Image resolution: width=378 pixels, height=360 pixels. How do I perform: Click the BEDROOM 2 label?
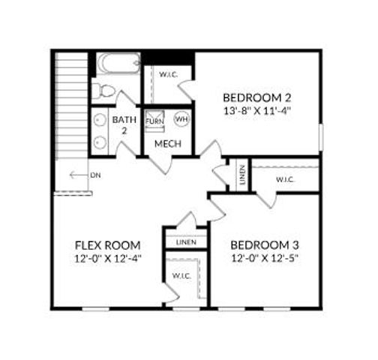[257, 98]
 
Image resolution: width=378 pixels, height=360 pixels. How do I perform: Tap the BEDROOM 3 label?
[265, 245]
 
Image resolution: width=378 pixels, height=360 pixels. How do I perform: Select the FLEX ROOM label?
[109, 245]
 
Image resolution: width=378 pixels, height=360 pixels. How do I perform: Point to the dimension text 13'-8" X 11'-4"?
[257, 112]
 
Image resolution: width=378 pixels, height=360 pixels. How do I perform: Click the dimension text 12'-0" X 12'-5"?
[265, 259]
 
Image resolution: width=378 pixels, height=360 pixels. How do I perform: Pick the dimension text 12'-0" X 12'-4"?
[109, 259]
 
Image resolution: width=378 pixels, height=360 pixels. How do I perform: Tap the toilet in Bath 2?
[103, 91]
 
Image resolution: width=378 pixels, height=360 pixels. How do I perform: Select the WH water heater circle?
[181, 119]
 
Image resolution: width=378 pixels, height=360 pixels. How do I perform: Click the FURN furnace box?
[155, 120]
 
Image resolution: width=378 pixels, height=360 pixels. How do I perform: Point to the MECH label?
[166, 142]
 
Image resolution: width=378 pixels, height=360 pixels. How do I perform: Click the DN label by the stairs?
[95, 175]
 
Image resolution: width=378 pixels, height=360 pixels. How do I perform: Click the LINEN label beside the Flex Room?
[186, 243]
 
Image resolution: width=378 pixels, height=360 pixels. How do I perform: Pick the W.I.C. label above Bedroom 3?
[284, 179]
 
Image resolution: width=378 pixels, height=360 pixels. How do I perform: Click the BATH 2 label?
[122, 124]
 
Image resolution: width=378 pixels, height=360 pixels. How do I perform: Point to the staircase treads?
[72, 105]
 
